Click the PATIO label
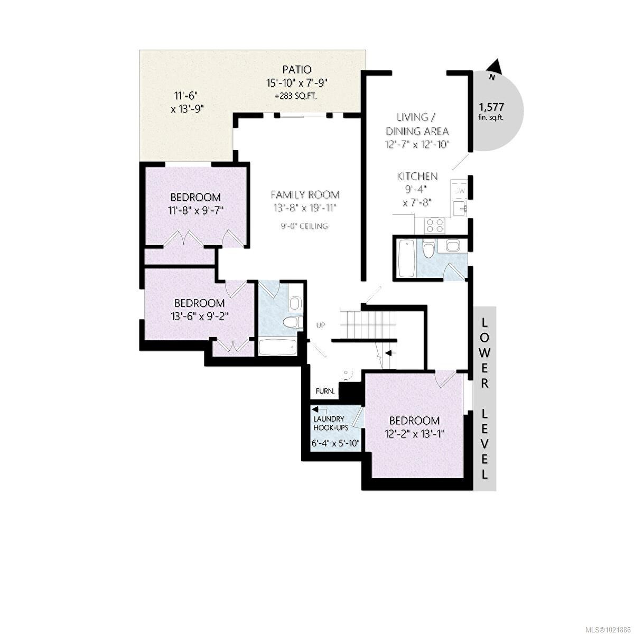pos(296,70)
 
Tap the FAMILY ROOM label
pos(305,194)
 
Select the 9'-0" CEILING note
pos(304,226)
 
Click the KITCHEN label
pos(417,176)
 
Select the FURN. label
pos(325,391)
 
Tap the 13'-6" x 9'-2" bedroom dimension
pos(199,316)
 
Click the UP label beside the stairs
pos(320,325)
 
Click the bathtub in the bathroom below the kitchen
pos(406,258)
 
